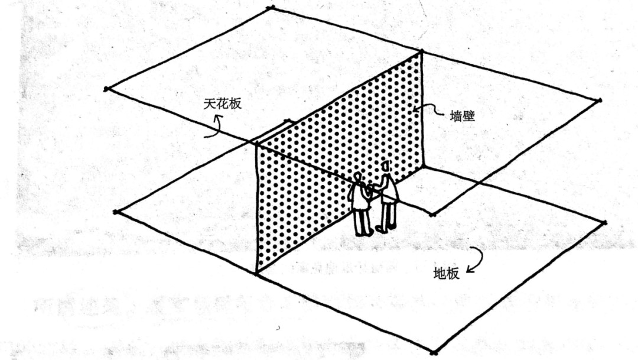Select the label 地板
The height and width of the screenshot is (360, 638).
point(446,274)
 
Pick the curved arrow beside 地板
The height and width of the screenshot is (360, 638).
point(476,260)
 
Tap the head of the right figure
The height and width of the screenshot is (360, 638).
point(386,167)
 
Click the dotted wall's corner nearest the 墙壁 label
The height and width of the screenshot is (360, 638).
point(422,52)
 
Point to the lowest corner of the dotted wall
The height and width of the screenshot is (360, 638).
point(257,273)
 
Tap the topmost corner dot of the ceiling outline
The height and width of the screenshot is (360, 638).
point(271,8)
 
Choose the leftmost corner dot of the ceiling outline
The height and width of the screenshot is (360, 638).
point(106,89)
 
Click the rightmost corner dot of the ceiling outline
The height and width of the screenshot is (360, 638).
point(599,100)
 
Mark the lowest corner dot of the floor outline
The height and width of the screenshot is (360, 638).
point(433,353)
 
